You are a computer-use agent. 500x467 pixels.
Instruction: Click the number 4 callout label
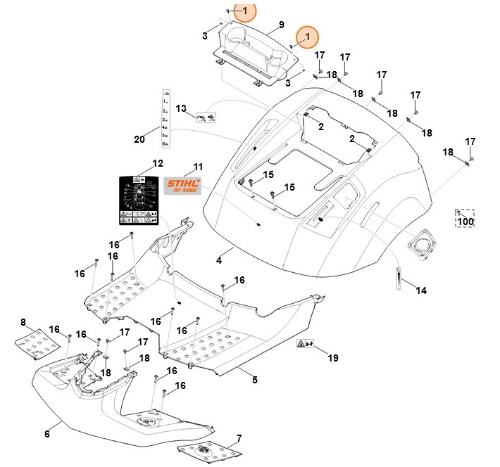tap(219, 260)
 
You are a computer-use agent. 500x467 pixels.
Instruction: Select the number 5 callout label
tap(254, 380)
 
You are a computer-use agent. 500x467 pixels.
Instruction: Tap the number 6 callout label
tap(47, 434)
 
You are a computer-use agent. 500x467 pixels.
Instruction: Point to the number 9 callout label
tap(281, 25)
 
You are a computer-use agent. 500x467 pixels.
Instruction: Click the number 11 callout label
tap(198, 167)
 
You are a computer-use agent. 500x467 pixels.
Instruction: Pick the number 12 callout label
tap(158, 163)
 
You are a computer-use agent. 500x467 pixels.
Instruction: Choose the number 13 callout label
tap(181, 108)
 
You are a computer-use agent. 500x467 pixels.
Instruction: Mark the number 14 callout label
tap(421, 290)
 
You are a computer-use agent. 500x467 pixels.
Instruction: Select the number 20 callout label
tap(139, 139)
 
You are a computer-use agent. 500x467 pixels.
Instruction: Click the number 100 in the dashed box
tap(465, 222)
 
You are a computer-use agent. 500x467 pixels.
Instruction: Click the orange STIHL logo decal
tap(182, 185)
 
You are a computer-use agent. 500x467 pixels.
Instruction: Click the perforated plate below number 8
tap(37, 345)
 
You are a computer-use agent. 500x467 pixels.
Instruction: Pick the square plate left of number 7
tap(203, 451)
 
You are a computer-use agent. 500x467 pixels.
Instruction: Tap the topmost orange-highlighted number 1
tap(245, 11)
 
